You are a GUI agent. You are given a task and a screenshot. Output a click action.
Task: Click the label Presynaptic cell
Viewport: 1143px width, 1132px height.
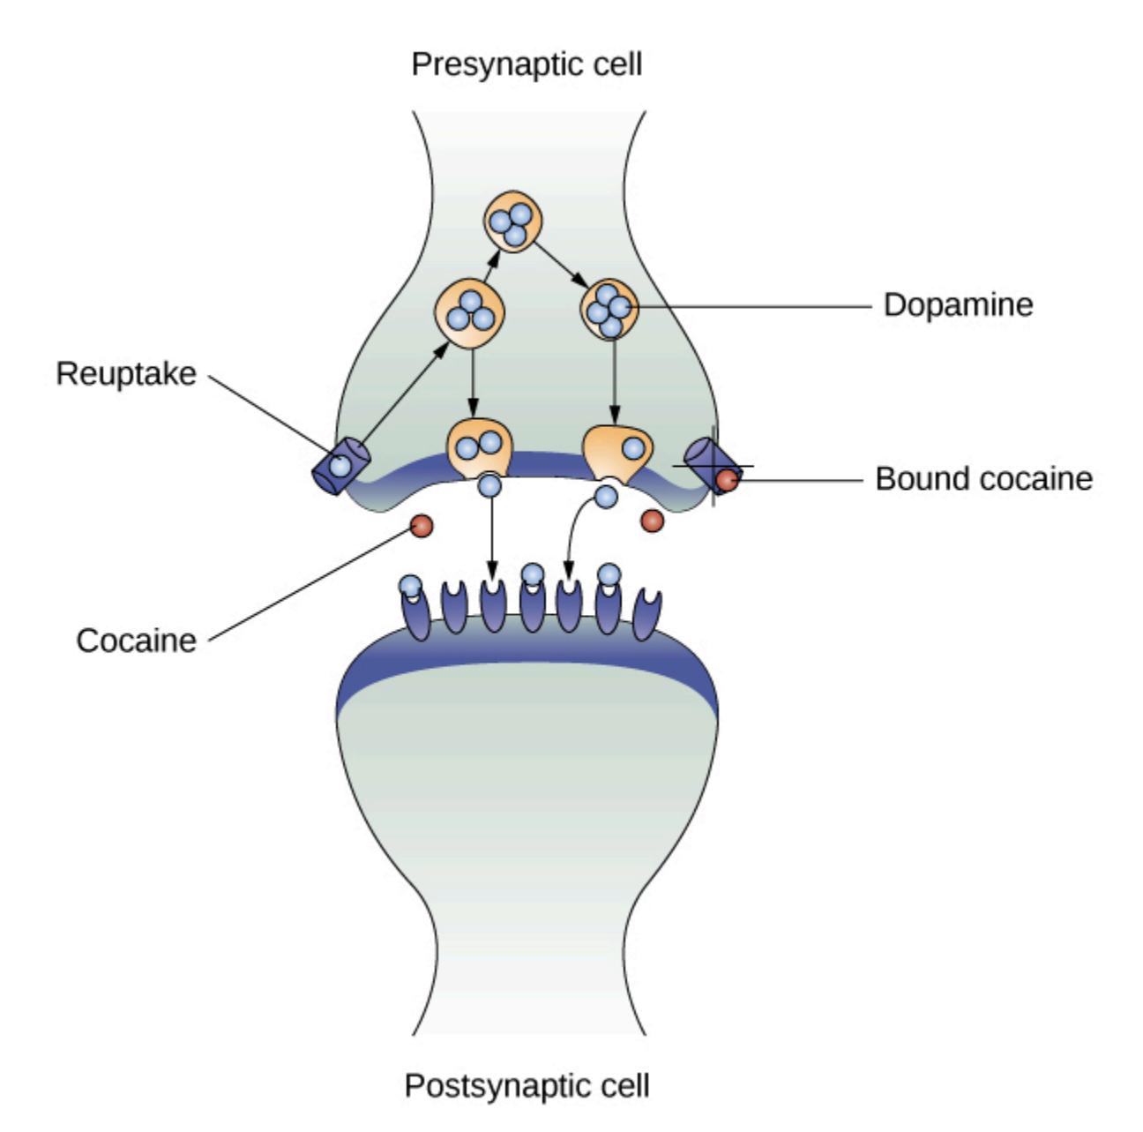click(x=527, y=64)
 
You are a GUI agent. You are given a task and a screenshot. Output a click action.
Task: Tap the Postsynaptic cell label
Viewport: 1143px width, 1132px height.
click(x=527, y=1084)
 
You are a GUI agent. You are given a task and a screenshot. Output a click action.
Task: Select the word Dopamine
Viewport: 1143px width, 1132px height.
click(x=958, y=304)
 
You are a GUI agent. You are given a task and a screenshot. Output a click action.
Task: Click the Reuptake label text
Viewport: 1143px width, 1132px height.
click(x=126, y=373)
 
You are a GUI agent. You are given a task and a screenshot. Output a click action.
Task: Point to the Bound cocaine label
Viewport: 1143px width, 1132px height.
click(x=983, y=478)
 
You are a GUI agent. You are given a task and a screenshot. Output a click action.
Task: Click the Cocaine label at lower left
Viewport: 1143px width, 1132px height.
click(x=137, y=640)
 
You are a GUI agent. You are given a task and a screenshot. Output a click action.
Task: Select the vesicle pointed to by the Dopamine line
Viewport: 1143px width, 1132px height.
click(x=609, y=309)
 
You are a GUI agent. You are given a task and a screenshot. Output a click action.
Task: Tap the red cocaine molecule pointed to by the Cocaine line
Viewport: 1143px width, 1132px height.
click(x=422, y=526)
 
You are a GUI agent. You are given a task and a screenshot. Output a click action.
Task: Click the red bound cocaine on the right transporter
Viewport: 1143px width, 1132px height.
click(x=728, y=480)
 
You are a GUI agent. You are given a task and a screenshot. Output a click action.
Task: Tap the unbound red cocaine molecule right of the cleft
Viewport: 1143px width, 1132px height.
click(x=652, y=521)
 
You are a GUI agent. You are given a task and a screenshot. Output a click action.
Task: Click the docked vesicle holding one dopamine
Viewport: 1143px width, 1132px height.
click(x=618, y=452)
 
